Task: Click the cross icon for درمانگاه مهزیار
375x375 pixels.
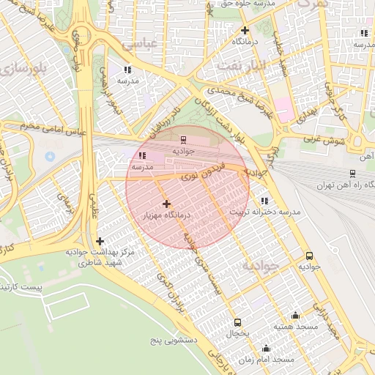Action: [x=166, y=204]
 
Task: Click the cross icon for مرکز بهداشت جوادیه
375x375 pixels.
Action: [x=100, y=241]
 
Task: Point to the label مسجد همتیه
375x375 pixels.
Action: [x=294, y=326]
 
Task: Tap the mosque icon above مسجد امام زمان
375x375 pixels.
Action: [x=266, y=349]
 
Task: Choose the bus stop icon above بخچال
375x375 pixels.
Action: [x=237, y=322]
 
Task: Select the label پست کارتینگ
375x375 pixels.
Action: [x=22, y=288]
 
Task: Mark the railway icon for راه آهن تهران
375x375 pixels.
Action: [x=353, y=174]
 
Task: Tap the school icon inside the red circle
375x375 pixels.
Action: [x=142, y=155]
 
